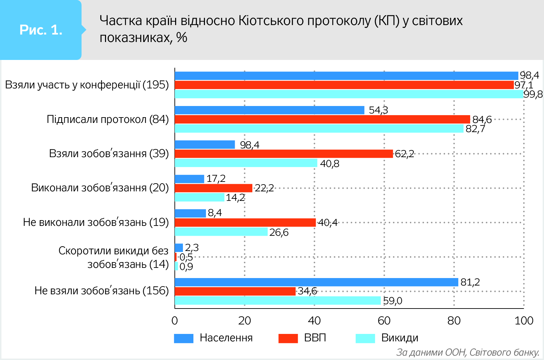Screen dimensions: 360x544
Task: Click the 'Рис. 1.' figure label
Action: [x=41, y=30]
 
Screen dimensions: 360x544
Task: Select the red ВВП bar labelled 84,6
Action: [x=322, y=119]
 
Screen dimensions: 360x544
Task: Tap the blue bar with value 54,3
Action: [x=269, y=110]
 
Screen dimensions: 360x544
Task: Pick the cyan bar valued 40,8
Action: [x=246, y=163]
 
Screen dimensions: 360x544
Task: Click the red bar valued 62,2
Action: [x=284, y=154]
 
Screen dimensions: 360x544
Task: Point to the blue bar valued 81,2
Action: [x=316, y=282]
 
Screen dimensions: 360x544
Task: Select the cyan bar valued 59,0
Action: [x=278, y=300]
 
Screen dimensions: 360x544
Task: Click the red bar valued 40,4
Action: [x=245, y=223]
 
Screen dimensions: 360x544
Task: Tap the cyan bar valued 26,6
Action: [x=221, y=232]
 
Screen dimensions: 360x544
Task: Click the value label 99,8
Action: [x=533, y=94]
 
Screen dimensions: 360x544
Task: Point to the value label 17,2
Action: [x=216, y=178]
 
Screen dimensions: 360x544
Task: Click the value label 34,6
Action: [x=307, y=291]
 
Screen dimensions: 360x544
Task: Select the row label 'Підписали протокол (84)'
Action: [x=107, y=119]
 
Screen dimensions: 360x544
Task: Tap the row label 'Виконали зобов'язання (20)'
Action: [x=100, y=188]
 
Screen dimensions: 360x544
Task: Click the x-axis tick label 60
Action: [x=384, y=321]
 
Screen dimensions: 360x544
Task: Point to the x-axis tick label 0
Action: [x=175, y=321]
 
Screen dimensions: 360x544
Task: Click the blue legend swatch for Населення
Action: [x=184, y=338]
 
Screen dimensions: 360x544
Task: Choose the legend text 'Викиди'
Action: [x=400, y=338]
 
